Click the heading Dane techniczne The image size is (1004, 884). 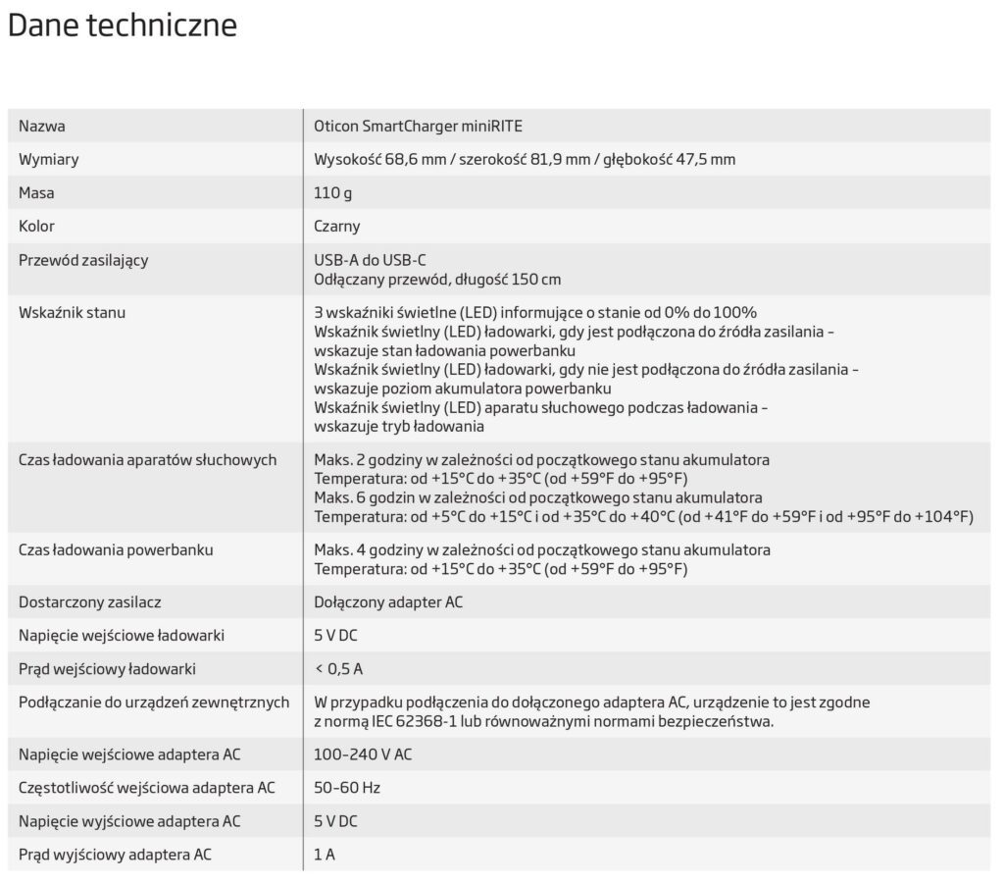pyautogui.click(x=123, y=26)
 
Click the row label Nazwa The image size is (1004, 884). pyautogui.click(x=42, y=126)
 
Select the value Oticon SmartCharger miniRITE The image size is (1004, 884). pyautogui.click(x=425, y=126)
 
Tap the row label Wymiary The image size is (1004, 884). pyautogui.click(x=49, y=159)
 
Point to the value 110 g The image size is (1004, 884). pyautogui.click(x=333, y=193)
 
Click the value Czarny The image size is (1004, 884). pyautogui.click(x=337, y=227)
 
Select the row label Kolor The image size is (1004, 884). pyautogui.click(x=37, y=227)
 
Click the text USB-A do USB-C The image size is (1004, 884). pyautogui.click(x=370, y=260)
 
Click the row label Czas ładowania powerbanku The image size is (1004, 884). pyautogui.click(x=116, y=549)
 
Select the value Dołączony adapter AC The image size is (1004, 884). pyautogui.click(x=388, y=601)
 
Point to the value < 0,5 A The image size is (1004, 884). pyautogui.click(x=338, y=669)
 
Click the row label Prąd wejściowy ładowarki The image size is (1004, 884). pyautogui.click(x=108, y=669)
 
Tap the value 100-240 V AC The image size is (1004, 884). pyautogui.click(x=363, y=754)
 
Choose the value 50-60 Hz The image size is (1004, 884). pyautogui.click(x=347, y=787)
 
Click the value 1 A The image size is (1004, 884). pyautogui.click(x=325, y=855)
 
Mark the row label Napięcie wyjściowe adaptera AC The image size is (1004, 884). pyautogui.click(x=129, y=820)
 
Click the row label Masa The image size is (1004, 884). pyautogui.click(x=37, y=193)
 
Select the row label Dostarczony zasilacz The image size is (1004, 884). pyautogui.click(x=90, y=601)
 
